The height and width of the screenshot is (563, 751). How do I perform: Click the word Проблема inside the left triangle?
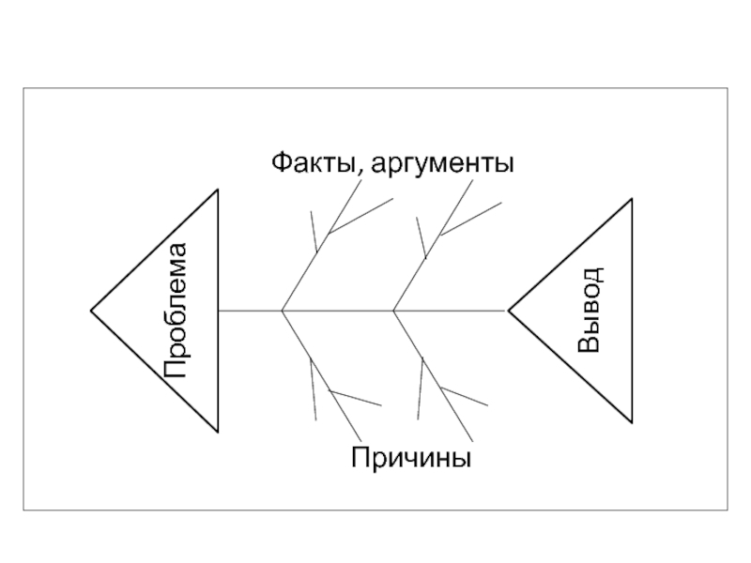(x=175, y=311)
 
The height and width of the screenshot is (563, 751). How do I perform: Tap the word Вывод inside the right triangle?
(x=590, y=310)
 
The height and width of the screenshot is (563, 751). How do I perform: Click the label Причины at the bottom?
(x=411, y=459)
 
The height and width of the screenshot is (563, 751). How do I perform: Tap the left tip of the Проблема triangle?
(x=91, y=310)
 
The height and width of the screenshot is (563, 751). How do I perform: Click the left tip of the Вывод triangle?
(x=508, y=310)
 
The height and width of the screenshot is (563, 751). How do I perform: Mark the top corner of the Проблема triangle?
(x=218, y=190)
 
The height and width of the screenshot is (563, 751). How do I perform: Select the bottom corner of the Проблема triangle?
(x=218, y=431)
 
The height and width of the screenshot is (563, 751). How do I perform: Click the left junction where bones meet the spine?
(x=283, y=310)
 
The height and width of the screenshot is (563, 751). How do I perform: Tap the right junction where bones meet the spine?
(x=394, y=310)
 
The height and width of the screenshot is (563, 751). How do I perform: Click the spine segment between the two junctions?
(x=338, y=310)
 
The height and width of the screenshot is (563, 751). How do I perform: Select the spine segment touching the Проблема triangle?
(x=250, y=310)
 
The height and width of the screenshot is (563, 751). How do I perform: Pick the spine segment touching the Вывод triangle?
(x=451, y=310)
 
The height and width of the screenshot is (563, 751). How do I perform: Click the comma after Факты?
(x=357, y=175)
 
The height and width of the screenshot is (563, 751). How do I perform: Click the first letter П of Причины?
(x=361, y=459)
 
